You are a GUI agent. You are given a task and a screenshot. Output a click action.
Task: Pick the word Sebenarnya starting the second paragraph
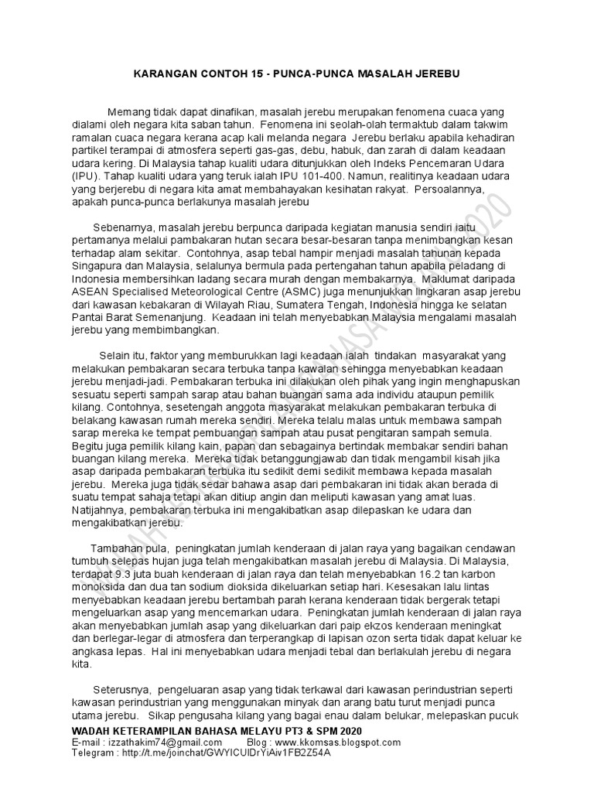click(122, 228)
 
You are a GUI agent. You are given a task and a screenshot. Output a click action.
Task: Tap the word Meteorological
click(201, 292)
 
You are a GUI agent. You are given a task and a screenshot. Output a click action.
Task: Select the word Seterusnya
click(122, 690)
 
